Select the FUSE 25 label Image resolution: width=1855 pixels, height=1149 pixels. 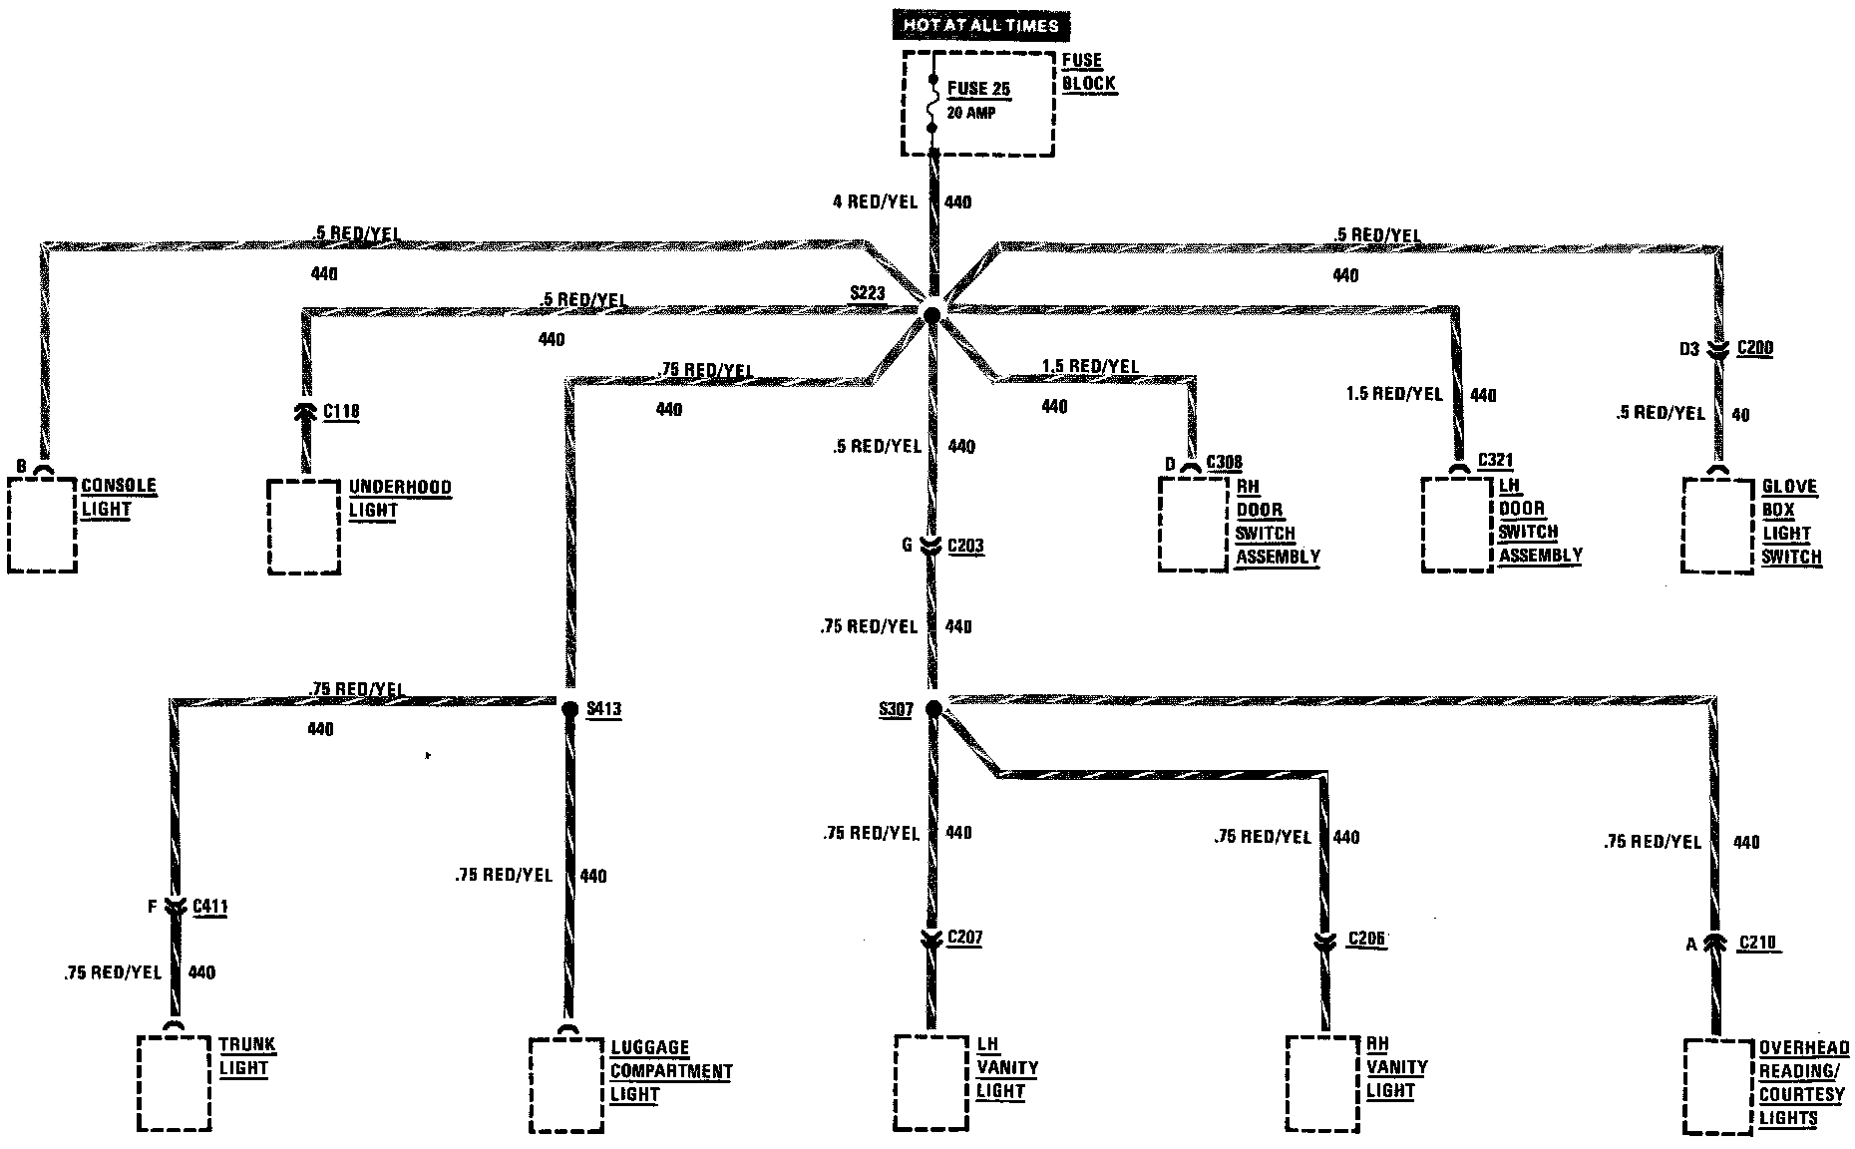point(977,89)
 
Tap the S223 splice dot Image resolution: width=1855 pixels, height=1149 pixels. point(931,315)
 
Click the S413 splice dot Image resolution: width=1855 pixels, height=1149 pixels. point(569,709)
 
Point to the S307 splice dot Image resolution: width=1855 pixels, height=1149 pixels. point(932,709)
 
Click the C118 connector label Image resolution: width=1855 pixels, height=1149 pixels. point(341,411)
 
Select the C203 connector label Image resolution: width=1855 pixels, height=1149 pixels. point(965,546)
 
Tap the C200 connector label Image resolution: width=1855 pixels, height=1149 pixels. point(1754,348)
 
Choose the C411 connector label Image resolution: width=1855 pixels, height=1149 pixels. point(209,907)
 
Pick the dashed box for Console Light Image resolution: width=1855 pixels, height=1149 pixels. point(42,525)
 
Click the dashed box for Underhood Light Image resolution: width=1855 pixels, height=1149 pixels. point(304,527)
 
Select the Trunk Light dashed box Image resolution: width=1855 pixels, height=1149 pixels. point(174,1083)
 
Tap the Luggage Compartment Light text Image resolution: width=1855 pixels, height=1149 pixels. point(670,1071)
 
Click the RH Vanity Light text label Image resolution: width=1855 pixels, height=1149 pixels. point(1396,1067)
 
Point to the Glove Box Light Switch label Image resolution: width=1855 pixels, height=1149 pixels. point(1790,522)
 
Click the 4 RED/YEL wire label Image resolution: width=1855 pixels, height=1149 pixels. point(874,201)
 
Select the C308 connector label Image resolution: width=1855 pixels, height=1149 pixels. point(1224,463)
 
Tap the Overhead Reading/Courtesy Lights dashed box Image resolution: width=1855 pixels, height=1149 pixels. point(1717,1086)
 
